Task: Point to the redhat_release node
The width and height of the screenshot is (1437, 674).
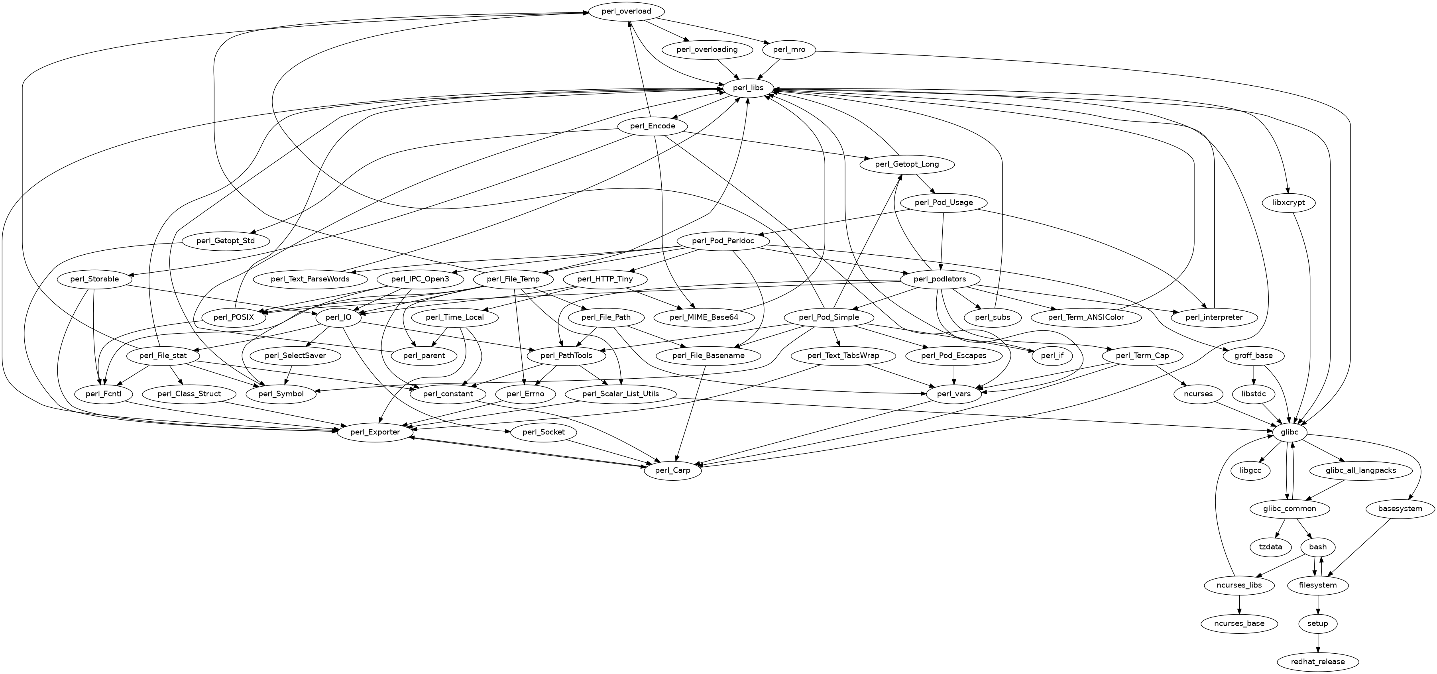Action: click(x=1318, y=662)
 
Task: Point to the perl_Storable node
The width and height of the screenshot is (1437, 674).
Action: click(x=95, y=279)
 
